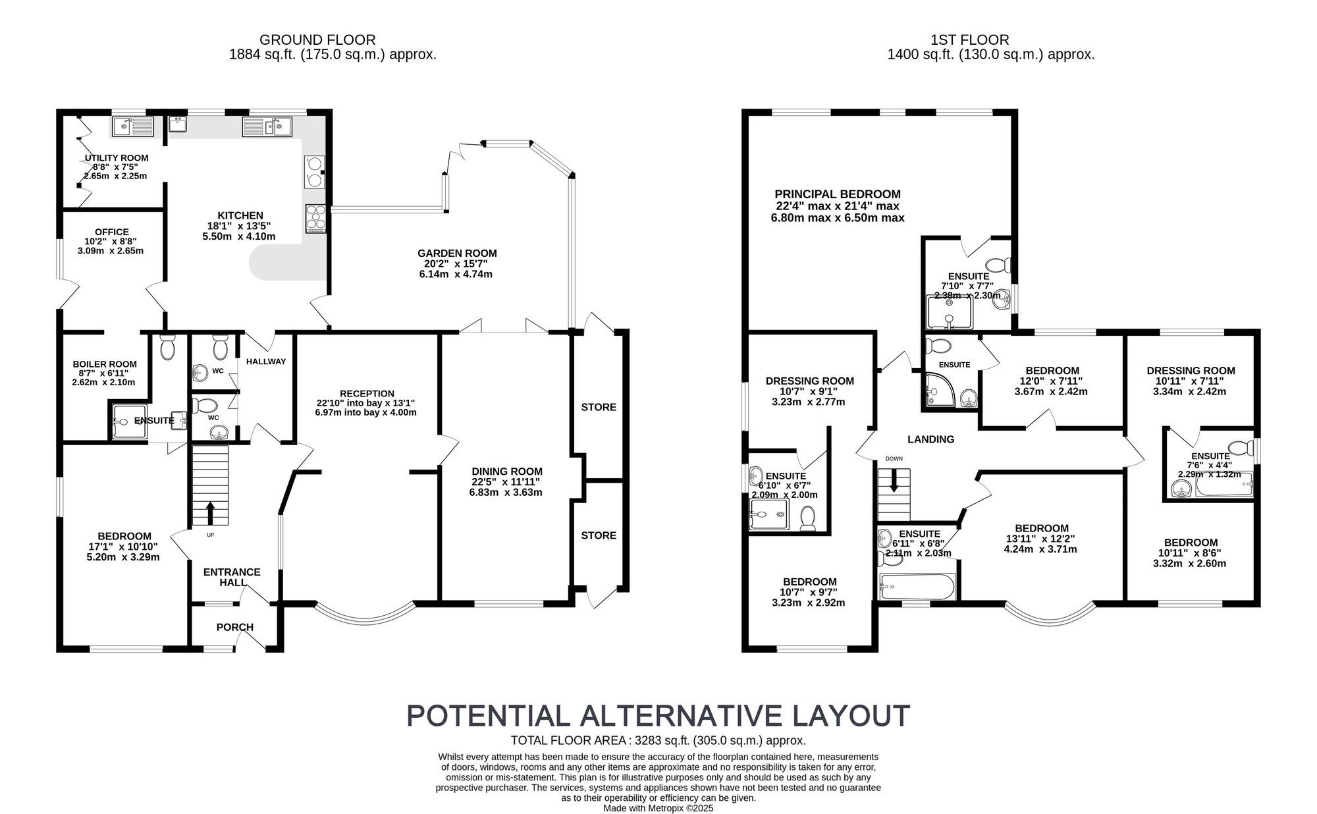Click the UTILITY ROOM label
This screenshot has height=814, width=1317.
(x=117, y=158)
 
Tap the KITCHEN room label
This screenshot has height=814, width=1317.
(x=240, y=215)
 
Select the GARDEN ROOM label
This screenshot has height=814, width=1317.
(x=457, y=253)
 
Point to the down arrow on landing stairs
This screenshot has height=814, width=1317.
(x=894, y=482)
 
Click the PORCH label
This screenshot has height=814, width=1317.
(x=235, y=627)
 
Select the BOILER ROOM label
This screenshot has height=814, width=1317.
(x=105, y=364)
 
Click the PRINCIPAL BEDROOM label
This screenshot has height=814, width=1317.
(x=837, y=194)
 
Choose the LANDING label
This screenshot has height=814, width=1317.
(x=930, y=439)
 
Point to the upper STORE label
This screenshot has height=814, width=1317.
(x=599, y=407)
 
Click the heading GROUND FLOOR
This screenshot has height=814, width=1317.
(x=317, y=40)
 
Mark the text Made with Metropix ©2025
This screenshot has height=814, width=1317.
(x=658, y=808)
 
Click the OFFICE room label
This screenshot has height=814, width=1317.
(x=112, y=232)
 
